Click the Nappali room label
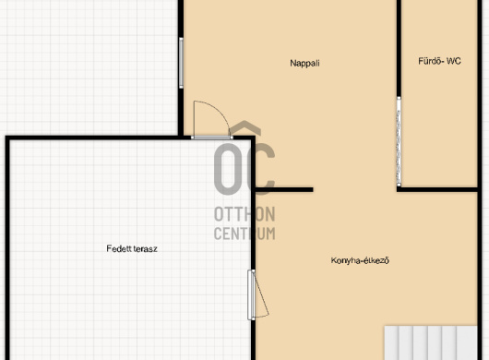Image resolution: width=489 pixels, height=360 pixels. pyautogui.click(x=304, y=64)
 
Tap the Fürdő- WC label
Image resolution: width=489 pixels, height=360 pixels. pyautogui.click(x=439, y=61)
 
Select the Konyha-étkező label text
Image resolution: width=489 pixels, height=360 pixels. pyautogui.click(x=360, y=260)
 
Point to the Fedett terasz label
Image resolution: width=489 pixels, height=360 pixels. pyautogui.click(x=132, y=248)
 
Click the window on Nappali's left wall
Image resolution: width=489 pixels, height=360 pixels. pyautogui.click(x=181, y=63)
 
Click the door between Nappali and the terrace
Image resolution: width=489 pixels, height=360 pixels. pyautogui.click(x=212, y=138)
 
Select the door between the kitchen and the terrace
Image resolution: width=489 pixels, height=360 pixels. pyautogui.click(x=251, y=294)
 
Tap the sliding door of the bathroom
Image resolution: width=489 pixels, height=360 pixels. pyautogui.click(x=399, y=141)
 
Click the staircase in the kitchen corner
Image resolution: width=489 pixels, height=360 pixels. pyautogui.click(x=431, y=342)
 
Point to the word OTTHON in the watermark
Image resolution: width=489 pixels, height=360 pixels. pyautogui.click(x=244, y=214)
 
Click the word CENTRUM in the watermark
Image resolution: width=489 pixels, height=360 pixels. pyautogui.click(x=244, y=234)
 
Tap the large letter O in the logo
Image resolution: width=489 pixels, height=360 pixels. pyautogui.click(x=228, y=169)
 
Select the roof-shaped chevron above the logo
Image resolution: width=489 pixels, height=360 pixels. pyautogui.click(x=245, y=127)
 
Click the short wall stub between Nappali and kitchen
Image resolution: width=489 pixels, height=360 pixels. pyautogui.click(x=284, y=189)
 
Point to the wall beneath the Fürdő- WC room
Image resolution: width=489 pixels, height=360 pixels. pyautogui.click(x=437, y=189)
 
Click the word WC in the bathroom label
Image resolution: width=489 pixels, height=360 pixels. pyautogui.click(x=453, y=61)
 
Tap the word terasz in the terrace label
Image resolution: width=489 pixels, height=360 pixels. pyautogui.click(x=144, y=249)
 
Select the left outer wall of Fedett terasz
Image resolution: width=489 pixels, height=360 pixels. pyautogui.click(x=7, y=249)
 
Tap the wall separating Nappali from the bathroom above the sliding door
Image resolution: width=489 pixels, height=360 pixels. pyautogui.click(x=399, y=48)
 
